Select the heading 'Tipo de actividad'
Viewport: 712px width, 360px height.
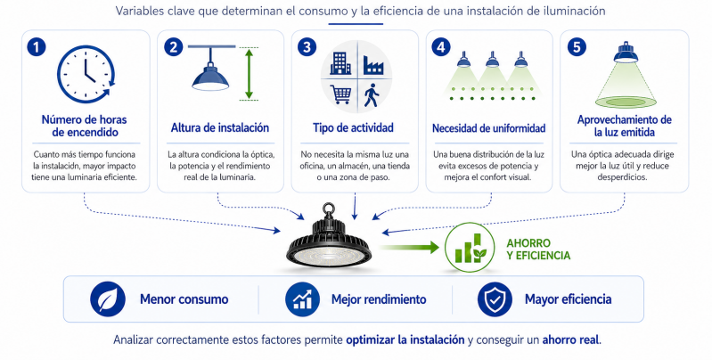(x=355, y=127)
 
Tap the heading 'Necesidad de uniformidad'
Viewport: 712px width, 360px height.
(x=489, y=127)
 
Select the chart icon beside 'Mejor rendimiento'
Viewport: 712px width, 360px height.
(x=302, y=299)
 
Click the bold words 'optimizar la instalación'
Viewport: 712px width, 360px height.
(x=405, y=340)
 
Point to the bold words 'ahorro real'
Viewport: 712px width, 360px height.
(x=567, y=340)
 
